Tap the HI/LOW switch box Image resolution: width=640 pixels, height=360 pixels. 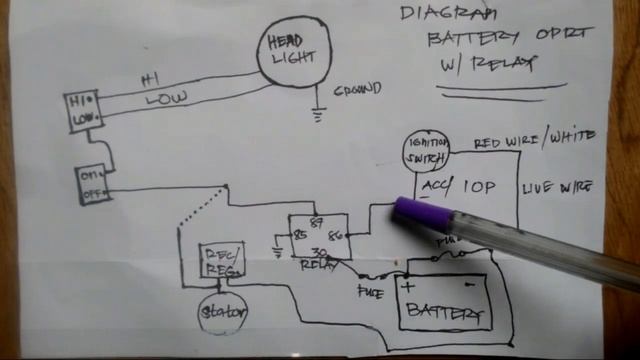pyautogui.click(x=81, y=113)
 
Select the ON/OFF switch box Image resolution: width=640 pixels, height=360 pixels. pyautogui.click(x=94, y=184)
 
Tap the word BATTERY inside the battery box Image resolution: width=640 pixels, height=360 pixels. pyautogui.click(x=445, y=313)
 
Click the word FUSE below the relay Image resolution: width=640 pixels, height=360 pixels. pyautogui.click(x=371, y=292)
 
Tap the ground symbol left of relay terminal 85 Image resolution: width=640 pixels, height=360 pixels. pyautogui.click(x=277, y=251)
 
